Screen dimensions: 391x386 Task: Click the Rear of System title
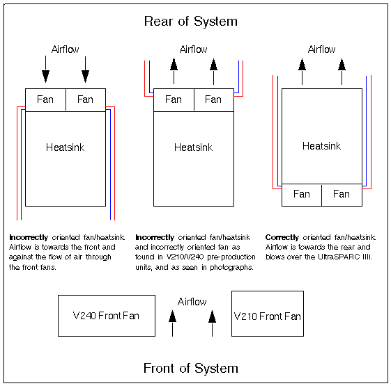(191, 22)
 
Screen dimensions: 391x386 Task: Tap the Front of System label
(191, 368)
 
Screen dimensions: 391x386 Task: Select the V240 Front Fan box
(107, 316)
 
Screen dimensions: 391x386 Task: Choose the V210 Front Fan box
(268, 314)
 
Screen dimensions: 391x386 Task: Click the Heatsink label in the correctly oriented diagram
(322, 146)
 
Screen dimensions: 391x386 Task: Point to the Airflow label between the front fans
(192, 302)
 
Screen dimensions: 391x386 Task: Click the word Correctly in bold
(282, 237)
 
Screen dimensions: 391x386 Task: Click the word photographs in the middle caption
(231, 267)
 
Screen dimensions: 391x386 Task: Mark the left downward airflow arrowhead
(45, 77)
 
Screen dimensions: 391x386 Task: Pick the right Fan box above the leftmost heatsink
(86, 99)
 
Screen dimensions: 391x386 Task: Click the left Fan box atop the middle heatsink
(174, 99)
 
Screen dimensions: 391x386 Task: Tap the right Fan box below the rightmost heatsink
(342, 195)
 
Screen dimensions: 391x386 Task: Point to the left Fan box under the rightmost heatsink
(302, 195)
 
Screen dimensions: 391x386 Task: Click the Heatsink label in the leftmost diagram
(65, 147)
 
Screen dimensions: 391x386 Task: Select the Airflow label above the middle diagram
(193, 49)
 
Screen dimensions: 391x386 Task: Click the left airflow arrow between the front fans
(172, 323)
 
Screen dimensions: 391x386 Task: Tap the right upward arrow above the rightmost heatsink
(342, 72)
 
